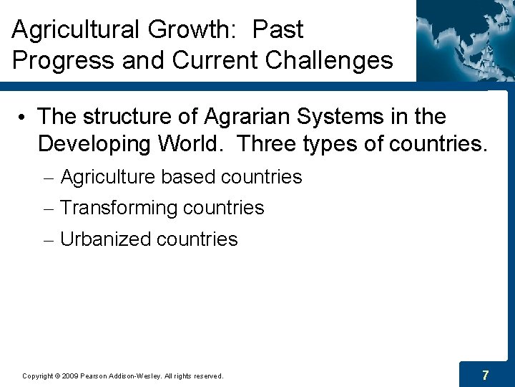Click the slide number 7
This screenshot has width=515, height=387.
point(486,375)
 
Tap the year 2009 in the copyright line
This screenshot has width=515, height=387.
point(69,376)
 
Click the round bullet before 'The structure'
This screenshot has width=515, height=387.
point(24,117)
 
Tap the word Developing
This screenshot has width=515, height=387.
point(94,143)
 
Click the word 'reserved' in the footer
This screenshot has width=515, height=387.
point(207,376)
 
